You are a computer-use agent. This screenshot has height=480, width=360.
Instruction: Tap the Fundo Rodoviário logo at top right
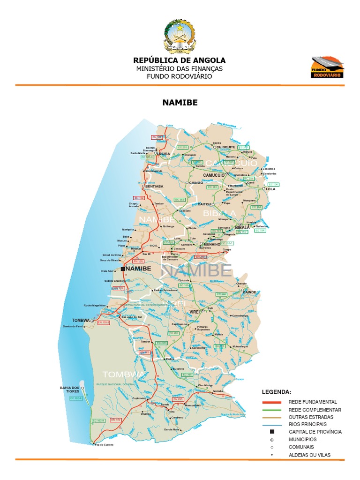click(327, 67)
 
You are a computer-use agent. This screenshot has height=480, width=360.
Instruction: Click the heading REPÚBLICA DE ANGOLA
click(180, 60)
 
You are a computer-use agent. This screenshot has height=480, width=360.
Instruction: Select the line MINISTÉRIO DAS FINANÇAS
click(180, 68)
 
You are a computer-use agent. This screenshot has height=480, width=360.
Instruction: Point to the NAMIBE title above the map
click(180, 102)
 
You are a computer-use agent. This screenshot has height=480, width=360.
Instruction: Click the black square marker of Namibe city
click(123, 269)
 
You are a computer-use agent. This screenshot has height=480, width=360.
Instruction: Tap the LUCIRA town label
click(164, 153)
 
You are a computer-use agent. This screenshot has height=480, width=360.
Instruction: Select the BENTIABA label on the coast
click(155, 186)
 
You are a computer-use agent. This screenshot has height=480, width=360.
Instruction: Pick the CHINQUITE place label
click(226, 147)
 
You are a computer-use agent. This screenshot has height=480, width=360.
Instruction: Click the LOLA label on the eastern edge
click(271, 189)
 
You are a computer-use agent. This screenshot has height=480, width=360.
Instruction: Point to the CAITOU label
click(205, 204)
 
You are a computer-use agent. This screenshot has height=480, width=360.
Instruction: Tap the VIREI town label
click(195, 311)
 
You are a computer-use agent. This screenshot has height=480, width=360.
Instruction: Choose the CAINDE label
click(249, 292)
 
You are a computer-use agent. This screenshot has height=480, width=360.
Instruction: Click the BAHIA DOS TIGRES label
click(69, 390)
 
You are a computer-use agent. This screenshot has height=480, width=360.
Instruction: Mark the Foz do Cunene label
click(104, 443)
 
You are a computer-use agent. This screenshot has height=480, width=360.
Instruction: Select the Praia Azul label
click(108, 271)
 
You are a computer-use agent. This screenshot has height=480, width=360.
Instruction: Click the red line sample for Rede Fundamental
click(271, 402)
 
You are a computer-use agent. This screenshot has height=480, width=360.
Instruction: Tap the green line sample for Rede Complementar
click(271, 410)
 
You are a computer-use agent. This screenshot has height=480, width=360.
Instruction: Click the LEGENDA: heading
click(276, 391)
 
